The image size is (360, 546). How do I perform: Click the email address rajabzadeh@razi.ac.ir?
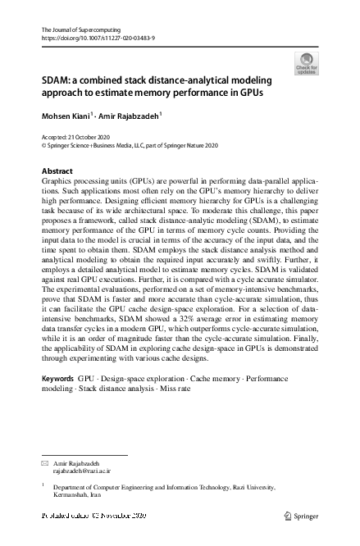(81, 471)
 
